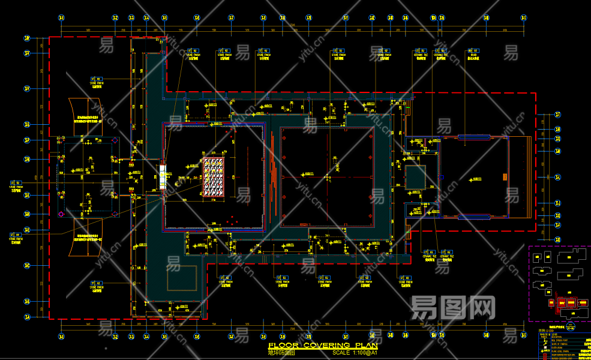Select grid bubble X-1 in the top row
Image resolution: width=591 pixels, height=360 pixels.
tap(61, 18)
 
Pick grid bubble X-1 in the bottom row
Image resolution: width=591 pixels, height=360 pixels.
tap(61, 338)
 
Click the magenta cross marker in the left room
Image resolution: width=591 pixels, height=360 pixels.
tap(61, 214)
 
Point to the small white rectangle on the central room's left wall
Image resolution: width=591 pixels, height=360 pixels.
tap(162, 177)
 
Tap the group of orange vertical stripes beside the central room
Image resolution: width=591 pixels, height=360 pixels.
tap(273, 180)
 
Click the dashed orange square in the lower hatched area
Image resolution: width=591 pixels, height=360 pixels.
tap(182, 277)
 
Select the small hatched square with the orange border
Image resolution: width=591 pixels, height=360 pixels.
tap(415, 178)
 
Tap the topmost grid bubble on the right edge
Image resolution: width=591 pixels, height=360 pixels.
tap(558, 114)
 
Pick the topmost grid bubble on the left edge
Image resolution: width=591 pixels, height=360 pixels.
tap(27, 39)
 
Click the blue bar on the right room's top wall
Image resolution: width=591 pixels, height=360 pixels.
tap(474, 137)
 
